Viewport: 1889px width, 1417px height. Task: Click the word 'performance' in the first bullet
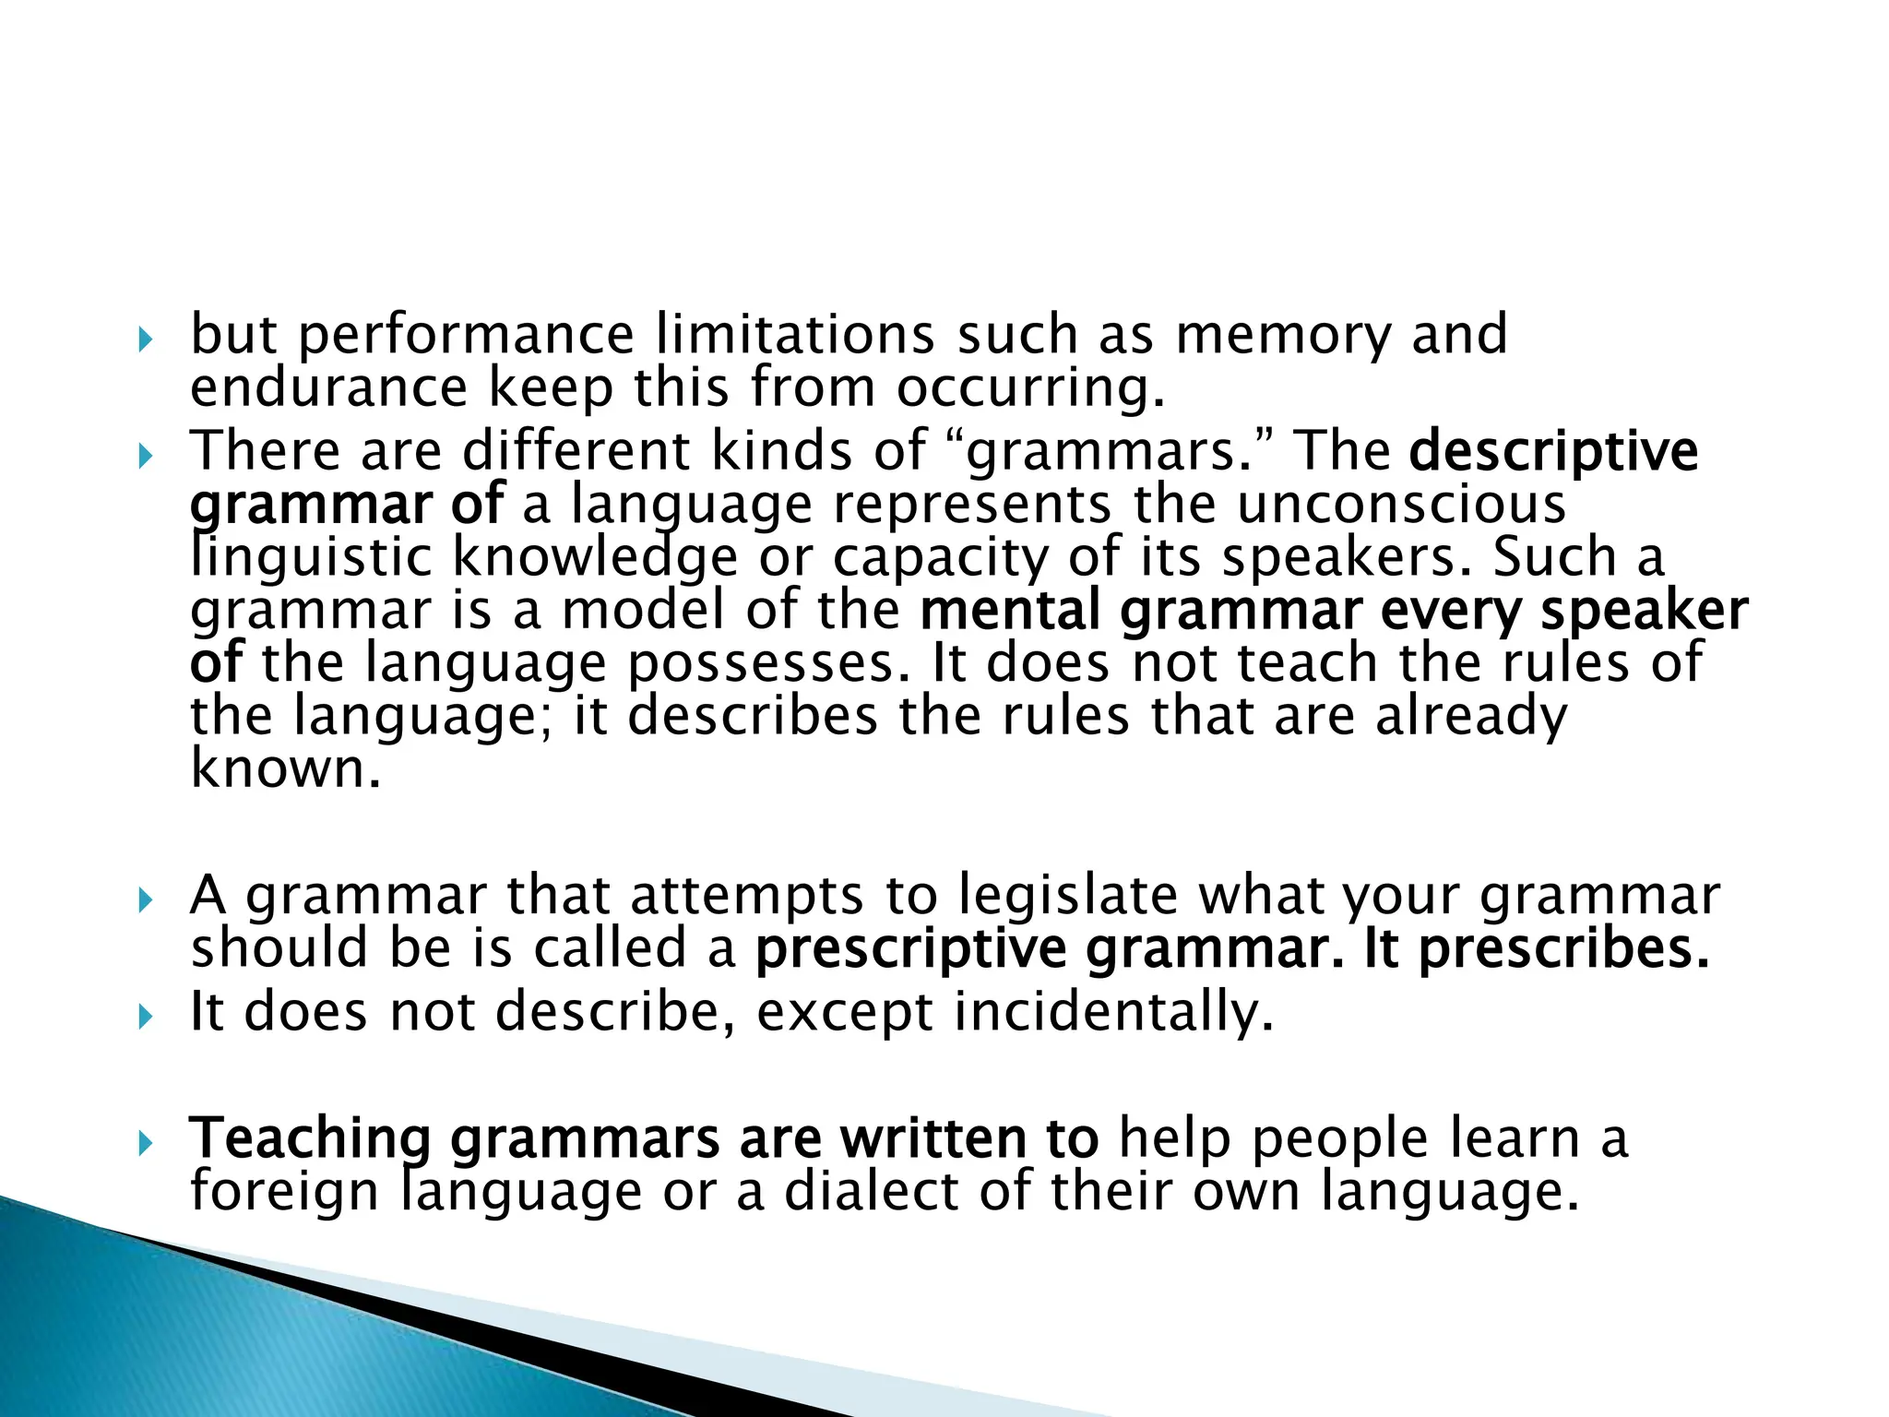coord(466,336)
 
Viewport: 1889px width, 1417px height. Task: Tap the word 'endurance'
coord(328,387)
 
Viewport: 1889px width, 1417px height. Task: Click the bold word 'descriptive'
coord(1553,452)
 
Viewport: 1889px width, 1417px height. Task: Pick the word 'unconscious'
coord(1401,505)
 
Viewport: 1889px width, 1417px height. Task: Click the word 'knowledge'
coord(595,557)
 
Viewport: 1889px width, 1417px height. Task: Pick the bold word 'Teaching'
coord(310,1140)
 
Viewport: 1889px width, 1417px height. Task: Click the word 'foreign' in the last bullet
coord(284,1193)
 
